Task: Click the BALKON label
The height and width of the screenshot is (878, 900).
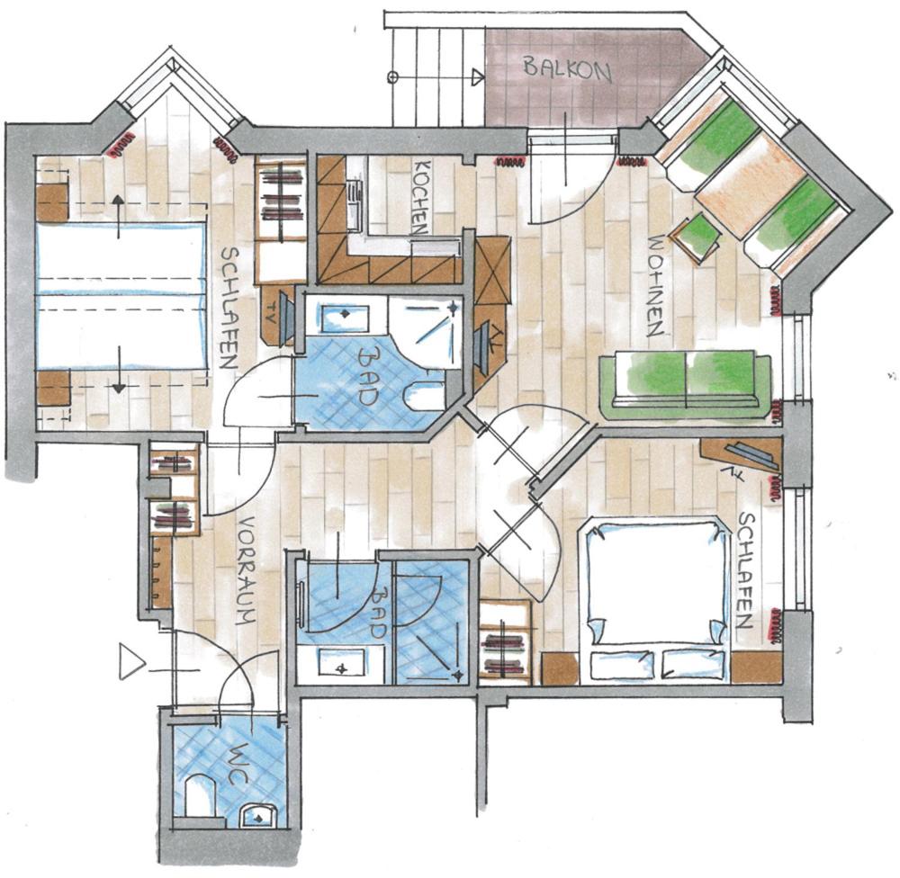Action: (566, 70)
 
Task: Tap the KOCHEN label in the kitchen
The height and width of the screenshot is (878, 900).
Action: (420, 197)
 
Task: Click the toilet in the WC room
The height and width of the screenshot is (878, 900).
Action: (199, 794)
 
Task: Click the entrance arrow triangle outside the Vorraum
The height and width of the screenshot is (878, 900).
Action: (131, 661)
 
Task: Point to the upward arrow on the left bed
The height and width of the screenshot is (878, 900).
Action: (118, 216)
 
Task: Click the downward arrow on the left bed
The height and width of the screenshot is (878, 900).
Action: (118, 370)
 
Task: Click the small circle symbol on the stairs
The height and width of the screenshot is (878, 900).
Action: (393, 76)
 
